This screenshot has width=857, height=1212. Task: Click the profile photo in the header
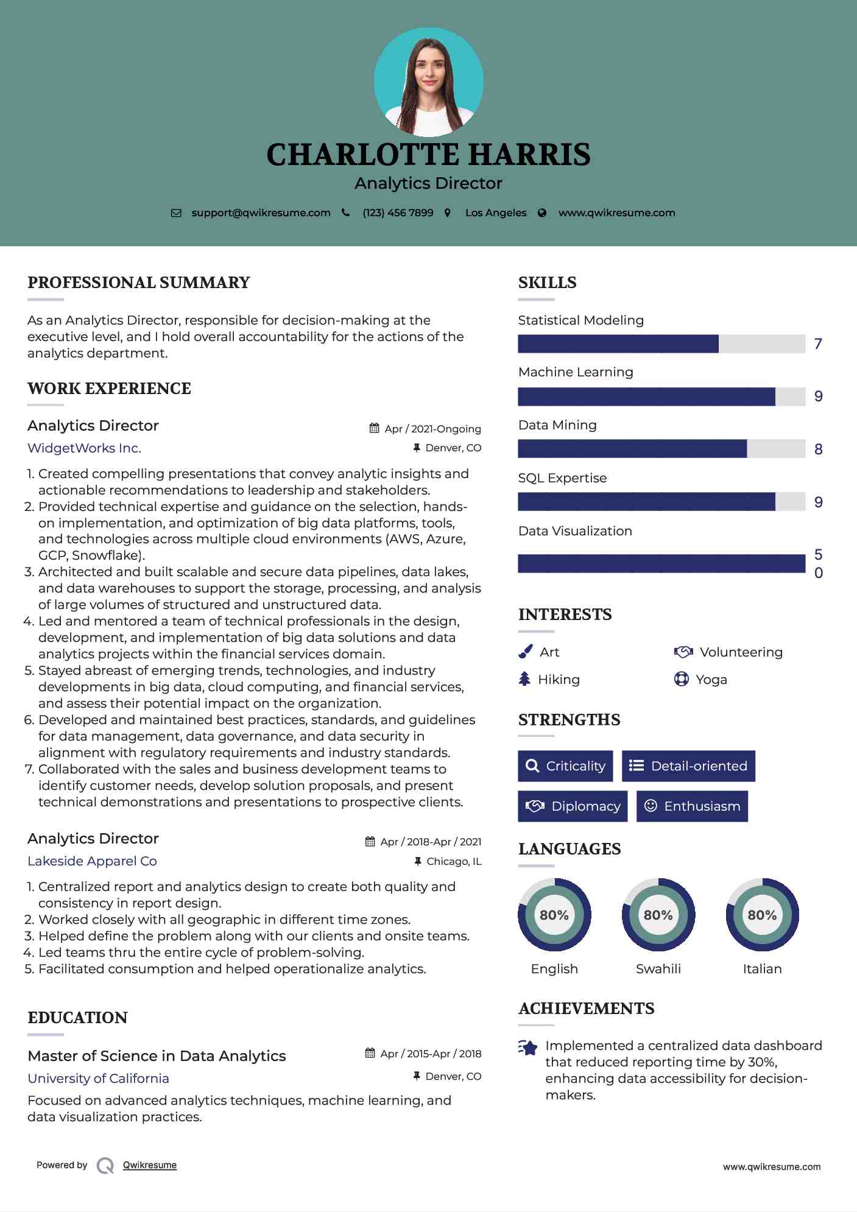click(428, 82)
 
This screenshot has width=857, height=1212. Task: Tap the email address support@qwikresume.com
click(261, 213)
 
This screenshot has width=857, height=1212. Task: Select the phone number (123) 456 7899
click(398, 213)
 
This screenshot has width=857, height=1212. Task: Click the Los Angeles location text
click(496, 213)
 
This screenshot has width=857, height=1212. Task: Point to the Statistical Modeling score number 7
click(818, 344)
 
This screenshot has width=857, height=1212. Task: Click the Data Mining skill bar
click(661, 449)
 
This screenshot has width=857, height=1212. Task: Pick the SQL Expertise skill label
click(562, 478)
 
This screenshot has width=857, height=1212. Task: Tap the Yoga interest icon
click(681, 679)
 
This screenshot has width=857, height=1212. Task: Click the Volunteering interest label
click(741, 652)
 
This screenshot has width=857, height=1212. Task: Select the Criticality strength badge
click(565, 766)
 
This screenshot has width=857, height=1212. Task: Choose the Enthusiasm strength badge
click(692, 806)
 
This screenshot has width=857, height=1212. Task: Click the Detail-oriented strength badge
click(688, 766)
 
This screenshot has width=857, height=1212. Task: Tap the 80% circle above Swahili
click(658, 915)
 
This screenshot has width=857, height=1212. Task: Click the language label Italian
click(762, 969)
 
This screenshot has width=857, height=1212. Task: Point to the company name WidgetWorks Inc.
click(84, 448)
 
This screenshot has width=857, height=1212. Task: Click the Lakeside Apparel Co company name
click(92, 861)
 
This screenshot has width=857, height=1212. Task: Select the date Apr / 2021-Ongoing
click(432, 429)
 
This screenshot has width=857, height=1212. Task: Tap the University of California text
click(98, 1079)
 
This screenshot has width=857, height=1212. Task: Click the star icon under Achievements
click(528, 1048)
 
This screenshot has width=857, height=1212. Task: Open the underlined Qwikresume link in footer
click(150, 1165)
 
